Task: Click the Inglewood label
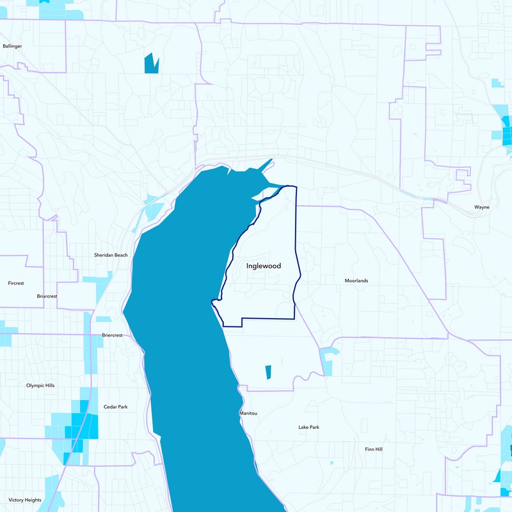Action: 264,266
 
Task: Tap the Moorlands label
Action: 356,281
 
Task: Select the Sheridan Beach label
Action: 111,255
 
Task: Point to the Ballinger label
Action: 12,46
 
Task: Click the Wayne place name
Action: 481,207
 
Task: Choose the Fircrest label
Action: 15,282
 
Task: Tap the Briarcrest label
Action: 47,296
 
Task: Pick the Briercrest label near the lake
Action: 112,335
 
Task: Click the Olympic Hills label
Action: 40,385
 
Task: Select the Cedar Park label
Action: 115,407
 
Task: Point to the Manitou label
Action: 248,413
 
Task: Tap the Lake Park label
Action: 308,427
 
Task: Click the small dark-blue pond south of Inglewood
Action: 268,372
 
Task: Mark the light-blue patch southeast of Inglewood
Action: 328,361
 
